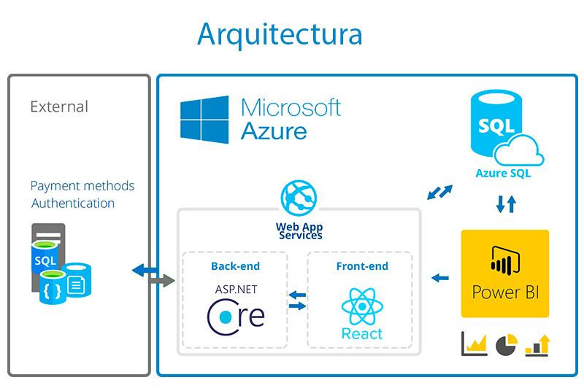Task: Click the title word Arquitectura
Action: point(280,34)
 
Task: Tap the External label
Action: point(59,106)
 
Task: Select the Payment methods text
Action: point(82,186)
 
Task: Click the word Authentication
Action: point(73,203)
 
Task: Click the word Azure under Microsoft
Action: point(274,131)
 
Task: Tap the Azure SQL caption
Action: point(503,174)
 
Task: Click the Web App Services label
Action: point(299,230)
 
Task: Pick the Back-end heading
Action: point(234,266)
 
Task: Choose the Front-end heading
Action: point(361,266)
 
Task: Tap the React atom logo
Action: point(362,306)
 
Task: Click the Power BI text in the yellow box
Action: point(504,292)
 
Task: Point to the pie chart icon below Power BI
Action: point(506,344)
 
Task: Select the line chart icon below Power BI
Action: point(474,344)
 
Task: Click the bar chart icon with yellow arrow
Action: point(538,345)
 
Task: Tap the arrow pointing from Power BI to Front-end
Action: point(440,277)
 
